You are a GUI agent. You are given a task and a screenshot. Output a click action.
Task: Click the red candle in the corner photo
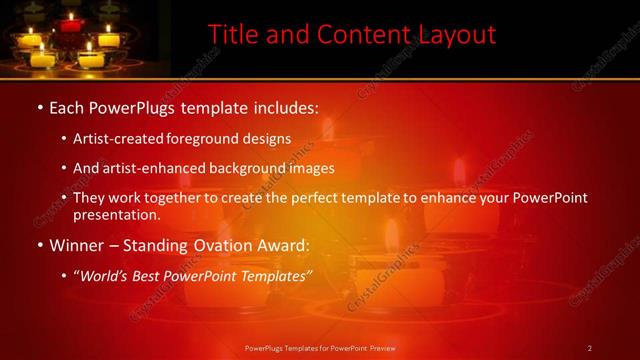69,21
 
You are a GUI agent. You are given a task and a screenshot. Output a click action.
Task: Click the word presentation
116,215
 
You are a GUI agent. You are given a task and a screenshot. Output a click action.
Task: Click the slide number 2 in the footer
590,348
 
